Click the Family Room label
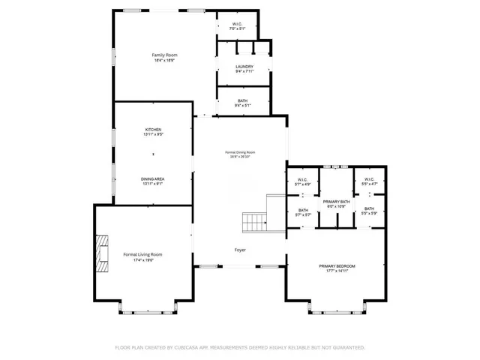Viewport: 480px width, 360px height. pos(164,55)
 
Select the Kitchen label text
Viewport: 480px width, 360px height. pos(153,130)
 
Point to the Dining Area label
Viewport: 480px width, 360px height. pos(153,178)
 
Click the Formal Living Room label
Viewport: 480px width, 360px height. pos(142,254)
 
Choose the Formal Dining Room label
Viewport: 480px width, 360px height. pos(240,153)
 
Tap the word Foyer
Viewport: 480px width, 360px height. pos(240,250)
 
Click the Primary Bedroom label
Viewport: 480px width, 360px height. pos(337,266)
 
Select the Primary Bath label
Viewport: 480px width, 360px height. pos(337,202)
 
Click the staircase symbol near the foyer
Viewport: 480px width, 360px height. pos(254,221)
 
